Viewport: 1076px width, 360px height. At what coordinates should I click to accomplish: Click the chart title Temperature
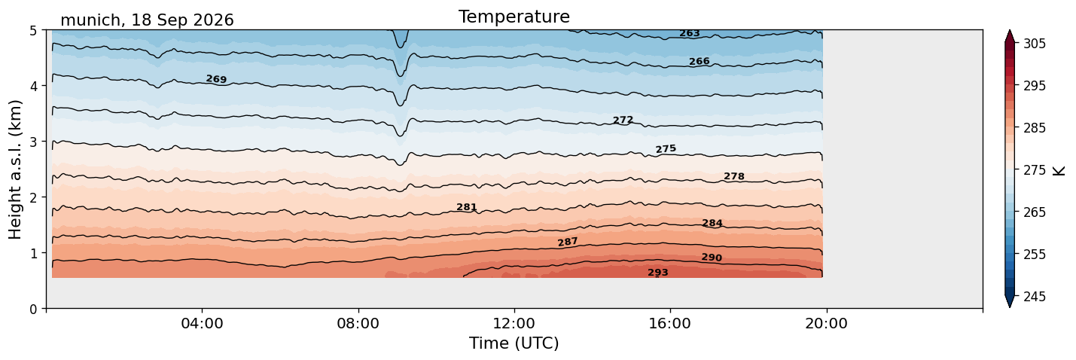tap(514, 17)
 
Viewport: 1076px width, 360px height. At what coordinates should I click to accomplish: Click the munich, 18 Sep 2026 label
tap(147, 20)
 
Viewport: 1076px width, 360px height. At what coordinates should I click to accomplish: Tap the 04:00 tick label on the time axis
tap(203, 323)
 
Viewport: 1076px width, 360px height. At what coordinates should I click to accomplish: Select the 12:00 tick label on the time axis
tap(514, 323)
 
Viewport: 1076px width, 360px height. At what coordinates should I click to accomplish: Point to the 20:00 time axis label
tap(826, 323)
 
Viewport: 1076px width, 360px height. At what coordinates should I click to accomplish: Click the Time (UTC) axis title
tap(514, 343)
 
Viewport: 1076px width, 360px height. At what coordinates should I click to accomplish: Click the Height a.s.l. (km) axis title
tap(15, 169)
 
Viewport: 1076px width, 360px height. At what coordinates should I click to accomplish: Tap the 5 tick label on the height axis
tap(33, 31)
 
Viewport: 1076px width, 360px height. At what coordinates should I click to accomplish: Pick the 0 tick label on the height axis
tap(33, 309)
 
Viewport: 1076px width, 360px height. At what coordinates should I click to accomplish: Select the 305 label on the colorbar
tap(1034, 44)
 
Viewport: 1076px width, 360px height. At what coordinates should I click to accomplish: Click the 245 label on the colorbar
tap(1034, 297)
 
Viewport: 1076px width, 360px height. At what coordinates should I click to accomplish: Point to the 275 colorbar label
tap(1034, 170)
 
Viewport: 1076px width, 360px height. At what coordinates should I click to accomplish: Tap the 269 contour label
tap(216, 79)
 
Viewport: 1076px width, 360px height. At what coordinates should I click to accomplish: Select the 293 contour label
tap(657, 273)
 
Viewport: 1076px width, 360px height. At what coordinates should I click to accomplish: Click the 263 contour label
tap(689, 33)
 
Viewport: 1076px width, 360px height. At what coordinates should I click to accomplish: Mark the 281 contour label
tap(466, 207)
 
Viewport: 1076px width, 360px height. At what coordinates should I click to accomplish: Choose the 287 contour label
tap(567, 242)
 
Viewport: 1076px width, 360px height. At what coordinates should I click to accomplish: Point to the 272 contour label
tap(623, 120)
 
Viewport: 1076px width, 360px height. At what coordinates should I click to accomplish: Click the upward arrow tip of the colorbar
tap(1010, 30)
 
